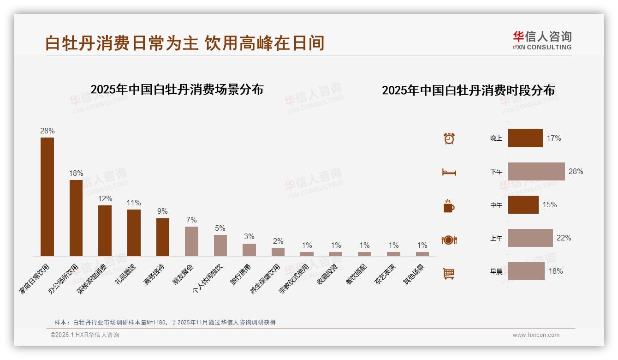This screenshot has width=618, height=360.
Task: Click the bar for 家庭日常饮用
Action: pos(47,197)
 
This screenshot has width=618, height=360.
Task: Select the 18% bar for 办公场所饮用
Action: pos(76,218)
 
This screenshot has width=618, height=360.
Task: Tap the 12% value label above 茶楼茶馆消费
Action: pos(105,198)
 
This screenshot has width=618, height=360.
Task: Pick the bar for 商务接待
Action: pos(162,237)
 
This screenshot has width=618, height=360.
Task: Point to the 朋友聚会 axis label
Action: pos(183,275)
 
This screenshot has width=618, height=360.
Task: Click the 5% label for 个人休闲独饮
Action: pos(220,228)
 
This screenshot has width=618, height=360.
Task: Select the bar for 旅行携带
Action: pos(249,250)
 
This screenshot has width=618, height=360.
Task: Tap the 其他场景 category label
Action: pos(414,275)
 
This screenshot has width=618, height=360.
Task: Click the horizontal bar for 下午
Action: pos(536,171)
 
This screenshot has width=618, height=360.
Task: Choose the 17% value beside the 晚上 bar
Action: pos(553,138)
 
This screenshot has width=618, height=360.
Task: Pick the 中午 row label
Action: pos(496,205)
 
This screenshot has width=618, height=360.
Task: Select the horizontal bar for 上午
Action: pos(530,238)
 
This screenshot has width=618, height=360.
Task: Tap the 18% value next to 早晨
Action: pos(555,271)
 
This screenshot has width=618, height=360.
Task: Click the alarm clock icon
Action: pos(449,138)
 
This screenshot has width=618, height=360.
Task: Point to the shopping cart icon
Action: pos(449,273)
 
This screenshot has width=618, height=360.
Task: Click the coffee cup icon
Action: pos(449,206)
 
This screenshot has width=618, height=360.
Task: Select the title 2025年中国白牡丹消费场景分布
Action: pos(177,90)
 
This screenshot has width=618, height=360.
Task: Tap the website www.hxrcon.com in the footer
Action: pos(536,335)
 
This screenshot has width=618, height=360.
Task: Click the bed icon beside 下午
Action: pos(449,172)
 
